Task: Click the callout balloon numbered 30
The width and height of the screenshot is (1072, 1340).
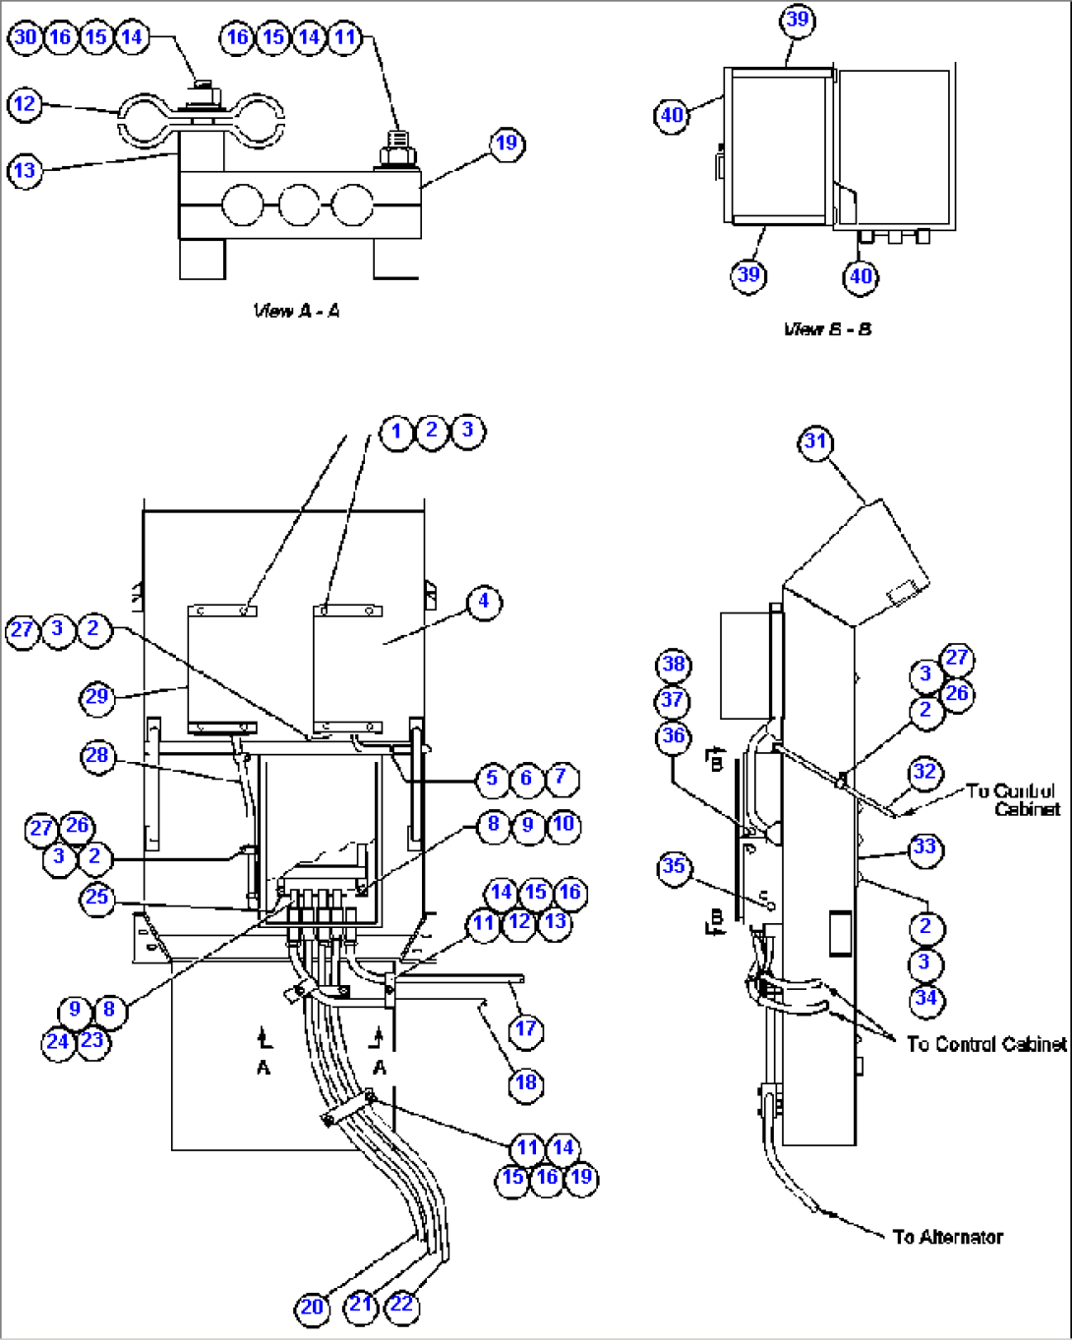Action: tap(25, 37)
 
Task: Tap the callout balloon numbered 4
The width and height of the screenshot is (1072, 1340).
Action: tap(483, 601)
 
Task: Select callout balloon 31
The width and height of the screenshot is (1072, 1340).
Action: tap(815, 441)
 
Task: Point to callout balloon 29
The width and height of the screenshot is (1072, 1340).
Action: tap(96, 696)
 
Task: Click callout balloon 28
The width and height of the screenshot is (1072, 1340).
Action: tap(97, 756)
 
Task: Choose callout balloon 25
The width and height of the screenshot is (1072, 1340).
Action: tap(96, 898)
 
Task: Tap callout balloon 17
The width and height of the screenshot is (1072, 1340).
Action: tap(526, 1028)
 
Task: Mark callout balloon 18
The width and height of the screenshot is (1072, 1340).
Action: tap(526, 1082)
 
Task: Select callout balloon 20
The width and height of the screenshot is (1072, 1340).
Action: tap(312, 1307)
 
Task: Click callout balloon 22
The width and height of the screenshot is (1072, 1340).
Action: tap(401, 1305)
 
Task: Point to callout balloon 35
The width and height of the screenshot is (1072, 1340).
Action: tap(674, 866)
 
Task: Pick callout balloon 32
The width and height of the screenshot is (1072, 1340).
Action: tap(924, 772)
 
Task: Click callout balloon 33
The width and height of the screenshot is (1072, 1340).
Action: tap(924, 847)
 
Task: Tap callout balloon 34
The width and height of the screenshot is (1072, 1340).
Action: tap(924, 999)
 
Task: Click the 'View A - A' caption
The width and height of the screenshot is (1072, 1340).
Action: tap(296, 312)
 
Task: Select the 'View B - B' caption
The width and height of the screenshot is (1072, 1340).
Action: tap(827, 329)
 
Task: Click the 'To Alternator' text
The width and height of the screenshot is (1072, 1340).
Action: tap(948, 1237)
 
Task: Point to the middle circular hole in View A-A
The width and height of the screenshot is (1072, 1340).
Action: tap(299, 207)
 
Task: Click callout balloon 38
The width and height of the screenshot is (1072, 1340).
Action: tap(674, 665)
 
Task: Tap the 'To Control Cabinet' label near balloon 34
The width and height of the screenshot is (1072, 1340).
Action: tap(985, 1044)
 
